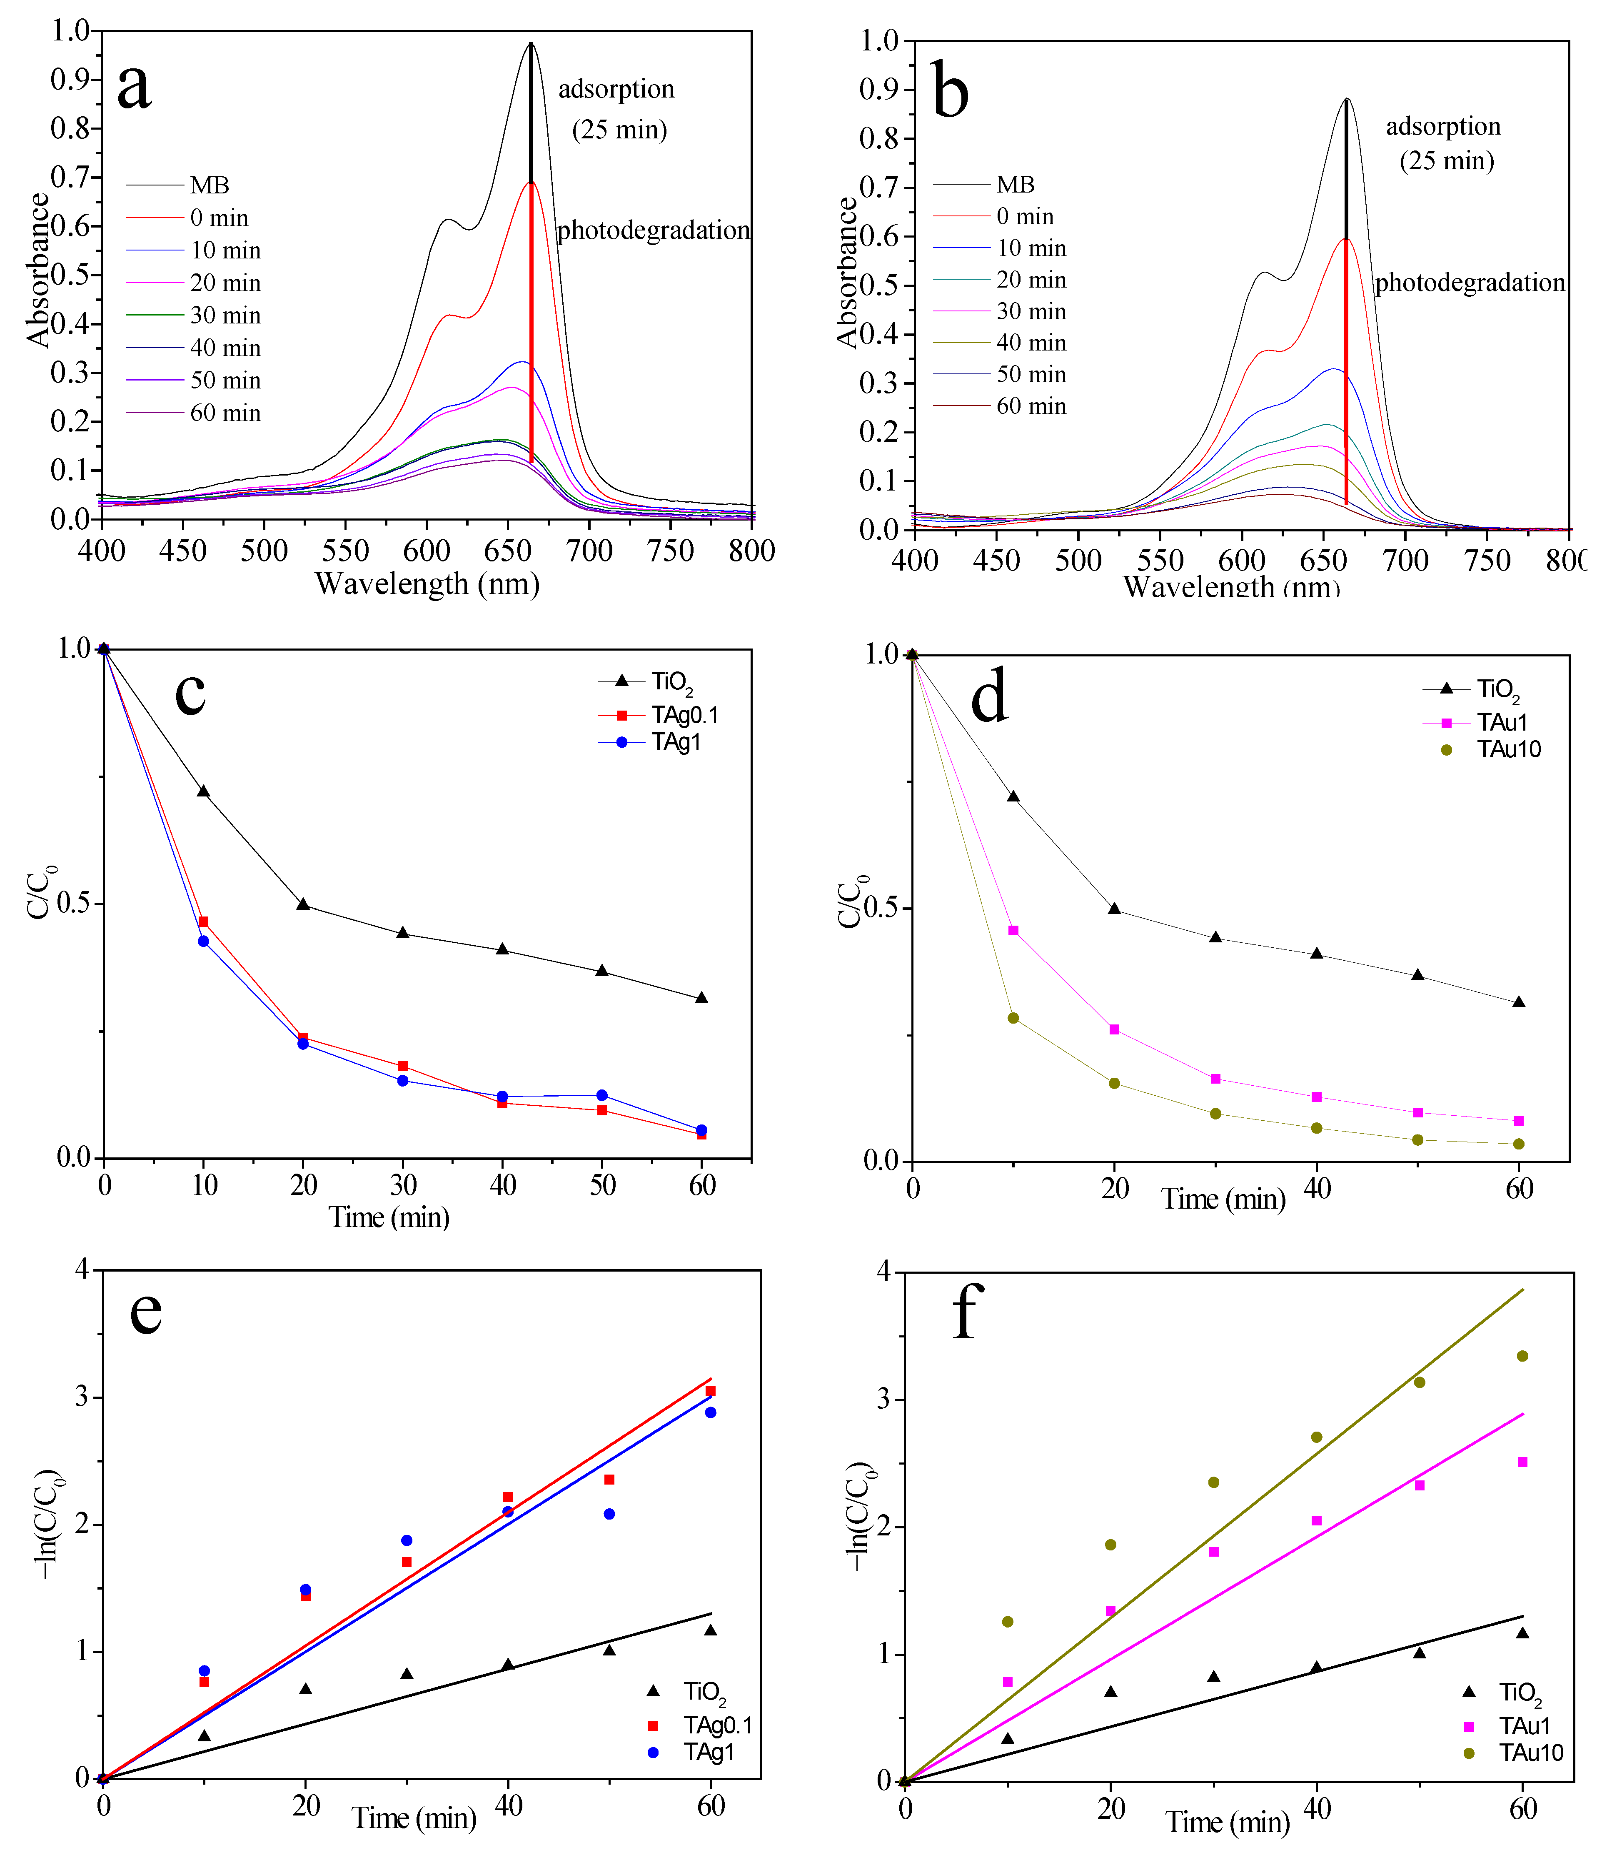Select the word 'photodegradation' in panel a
click(653, 231)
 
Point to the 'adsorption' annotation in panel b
click(1443, 126)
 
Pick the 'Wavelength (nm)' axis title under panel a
click(427, 584)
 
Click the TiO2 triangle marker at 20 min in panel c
click(303, 904)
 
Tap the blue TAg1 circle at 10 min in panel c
click(204, 941)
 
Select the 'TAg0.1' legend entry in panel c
click(684, 714)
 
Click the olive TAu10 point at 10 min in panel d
click(1013, 1018)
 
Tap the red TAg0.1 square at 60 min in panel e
click(711, 1391)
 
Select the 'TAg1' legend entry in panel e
click(708, 1752)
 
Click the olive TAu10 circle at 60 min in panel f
click(1522, 1356)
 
